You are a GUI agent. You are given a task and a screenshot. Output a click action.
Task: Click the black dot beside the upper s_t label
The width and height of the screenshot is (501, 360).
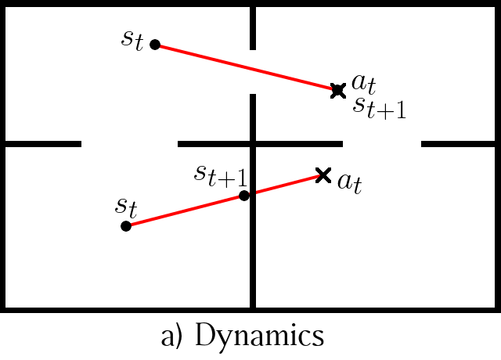(x=155, y=45)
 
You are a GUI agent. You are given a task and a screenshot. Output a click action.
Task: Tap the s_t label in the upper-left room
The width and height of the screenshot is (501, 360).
(x=132, y=40)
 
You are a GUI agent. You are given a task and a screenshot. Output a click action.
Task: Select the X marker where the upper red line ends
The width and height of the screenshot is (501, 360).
(x=338, y=91)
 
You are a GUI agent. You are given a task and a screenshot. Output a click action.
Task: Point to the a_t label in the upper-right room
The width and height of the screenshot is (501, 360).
(x=363, y=84)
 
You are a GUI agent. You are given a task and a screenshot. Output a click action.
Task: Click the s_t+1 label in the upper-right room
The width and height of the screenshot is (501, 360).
(x=380, y=108)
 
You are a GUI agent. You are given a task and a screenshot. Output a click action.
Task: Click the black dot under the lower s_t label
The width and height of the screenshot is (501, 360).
(x=126, y=226)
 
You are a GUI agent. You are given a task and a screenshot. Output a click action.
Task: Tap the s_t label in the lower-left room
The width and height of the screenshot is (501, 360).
(x=126, y=207)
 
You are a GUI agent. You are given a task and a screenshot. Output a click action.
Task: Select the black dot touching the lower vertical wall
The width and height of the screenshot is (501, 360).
(x=244, y=196)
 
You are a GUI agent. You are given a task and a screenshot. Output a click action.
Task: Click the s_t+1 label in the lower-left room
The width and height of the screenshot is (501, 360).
(x=221, y=175)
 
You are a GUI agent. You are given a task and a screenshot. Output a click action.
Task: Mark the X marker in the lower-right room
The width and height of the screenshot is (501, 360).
(x=323, y=175)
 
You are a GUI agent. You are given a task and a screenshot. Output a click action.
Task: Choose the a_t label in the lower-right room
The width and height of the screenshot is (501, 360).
(x=350, y=184)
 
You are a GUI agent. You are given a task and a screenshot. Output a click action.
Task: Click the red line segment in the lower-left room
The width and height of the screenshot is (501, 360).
(x=185, y=211)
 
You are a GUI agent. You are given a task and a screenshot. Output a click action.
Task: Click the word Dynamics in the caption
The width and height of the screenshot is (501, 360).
(x=259, y=335)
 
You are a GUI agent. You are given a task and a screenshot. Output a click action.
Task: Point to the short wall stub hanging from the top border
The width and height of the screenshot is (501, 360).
(x=253, y=28)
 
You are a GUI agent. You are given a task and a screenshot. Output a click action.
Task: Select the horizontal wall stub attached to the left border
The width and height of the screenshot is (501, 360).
(x=43, y=144)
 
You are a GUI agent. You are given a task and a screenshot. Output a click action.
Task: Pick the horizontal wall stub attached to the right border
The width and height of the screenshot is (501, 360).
(x=458, y=144)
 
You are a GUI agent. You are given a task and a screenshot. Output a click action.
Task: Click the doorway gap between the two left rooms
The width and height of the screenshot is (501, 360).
(x=129, y=144)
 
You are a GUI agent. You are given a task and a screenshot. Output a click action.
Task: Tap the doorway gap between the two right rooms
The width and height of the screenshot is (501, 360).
(x=382, y=144)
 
